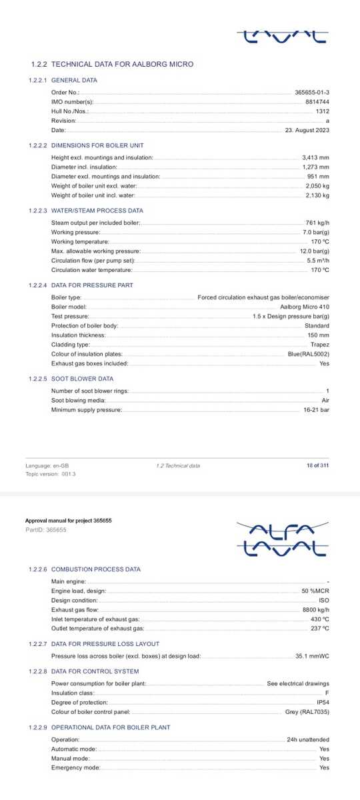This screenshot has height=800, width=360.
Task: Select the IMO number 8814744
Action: click(317, 101)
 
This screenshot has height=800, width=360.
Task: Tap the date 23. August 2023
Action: click(307, 130)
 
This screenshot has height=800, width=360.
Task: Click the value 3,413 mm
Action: click(316, 157)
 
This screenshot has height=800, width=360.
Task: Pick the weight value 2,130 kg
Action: click(317, 195)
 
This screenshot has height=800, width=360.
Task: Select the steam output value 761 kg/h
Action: click(317, 222)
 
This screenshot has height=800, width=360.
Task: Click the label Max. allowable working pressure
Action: click(96, 251)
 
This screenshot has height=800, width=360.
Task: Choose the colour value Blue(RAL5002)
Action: click(309, 354)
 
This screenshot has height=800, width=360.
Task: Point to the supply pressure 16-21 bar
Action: click(316, 409)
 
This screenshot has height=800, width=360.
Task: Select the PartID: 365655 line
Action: click(46, 530)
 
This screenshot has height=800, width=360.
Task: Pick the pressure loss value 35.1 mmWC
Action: click(313, 656)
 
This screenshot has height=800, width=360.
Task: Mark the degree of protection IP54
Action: click(323, 703)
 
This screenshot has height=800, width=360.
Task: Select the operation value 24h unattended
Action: click(308, 739)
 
